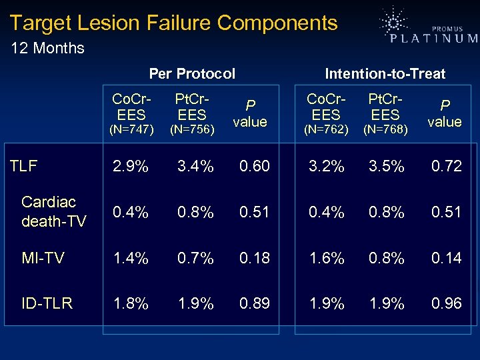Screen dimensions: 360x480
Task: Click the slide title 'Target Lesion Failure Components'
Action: tap(174, 23)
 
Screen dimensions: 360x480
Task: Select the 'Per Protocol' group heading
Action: tap(192, 73)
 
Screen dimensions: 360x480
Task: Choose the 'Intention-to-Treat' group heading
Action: tap(385, 73)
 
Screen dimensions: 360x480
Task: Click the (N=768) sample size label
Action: tap(385, 129)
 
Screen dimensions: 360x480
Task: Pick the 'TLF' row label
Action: tap(24, 165)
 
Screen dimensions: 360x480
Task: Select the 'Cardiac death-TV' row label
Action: tap(53, 211)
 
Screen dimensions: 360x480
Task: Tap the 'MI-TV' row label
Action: tap(43, 258)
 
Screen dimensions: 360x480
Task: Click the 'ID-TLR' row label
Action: tap(47, 303)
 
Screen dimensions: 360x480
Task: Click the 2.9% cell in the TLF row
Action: tap(130, 166)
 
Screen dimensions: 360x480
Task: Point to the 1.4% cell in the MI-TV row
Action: tap(130, 258)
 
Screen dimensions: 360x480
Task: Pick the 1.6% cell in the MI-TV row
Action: tap(327, 258)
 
